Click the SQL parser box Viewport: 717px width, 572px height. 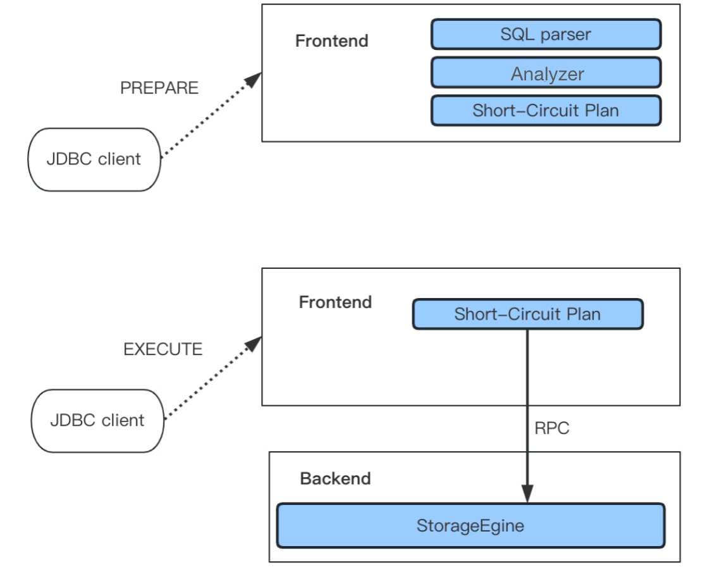coord(546,34)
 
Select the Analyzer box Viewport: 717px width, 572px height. coord(546,73)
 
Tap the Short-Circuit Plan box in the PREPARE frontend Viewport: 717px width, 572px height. coord(546,111)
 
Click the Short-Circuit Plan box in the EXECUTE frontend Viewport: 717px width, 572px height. coord(527,314)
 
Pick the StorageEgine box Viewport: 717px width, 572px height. coord(470,526)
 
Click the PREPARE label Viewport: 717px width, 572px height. coord(159,88)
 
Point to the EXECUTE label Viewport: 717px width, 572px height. coord(163,349)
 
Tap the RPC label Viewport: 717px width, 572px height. coord(551,428)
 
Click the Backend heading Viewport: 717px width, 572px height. coord(335,479)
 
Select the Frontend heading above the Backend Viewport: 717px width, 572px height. coord(335,302)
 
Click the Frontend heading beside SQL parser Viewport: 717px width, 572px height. coord(331,41)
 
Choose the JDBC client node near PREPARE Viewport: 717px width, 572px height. coord(94,159)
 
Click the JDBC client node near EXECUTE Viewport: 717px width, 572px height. coord(97,421)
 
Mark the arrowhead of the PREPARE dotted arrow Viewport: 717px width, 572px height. coord(254,79)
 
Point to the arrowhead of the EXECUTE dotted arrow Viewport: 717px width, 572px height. coord(254,342)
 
